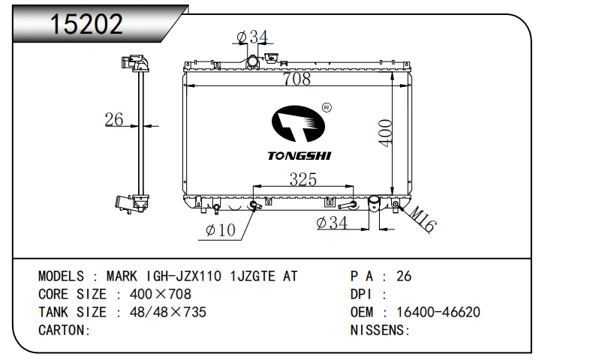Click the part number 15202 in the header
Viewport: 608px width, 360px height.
[x=86, y=23]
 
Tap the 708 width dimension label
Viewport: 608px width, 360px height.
[x=297, y=79]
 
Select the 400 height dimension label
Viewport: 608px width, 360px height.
[x=385, y=133]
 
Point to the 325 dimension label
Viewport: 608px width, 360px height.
[x=302, y=179]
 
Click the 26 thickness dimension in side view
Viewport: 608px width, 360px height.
[x=113, y=119]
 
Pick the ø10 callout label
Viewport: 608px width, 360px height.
[x=221, y=230]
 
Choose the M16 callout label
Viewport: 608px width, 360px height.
[x=423, y=219]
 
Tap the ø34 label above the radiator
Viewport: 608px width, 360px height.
[x=252, y=37]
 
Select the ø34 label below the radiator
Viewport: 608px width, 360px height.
[x=332, y=223]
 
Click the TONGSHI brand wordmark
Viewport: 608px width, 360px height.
[x=299, y=156]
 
